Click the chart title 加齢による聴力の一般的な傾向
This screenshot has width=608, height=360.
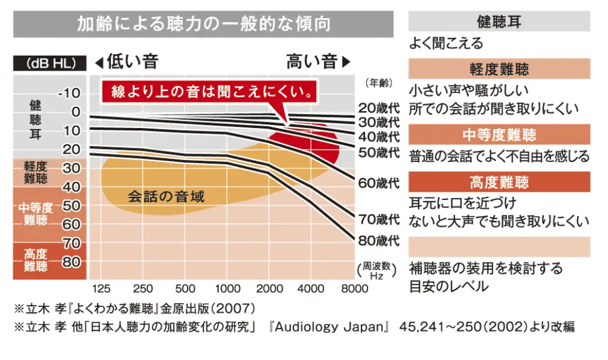pos(204,23)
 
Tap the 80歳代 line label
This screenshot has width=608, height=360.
pos(379,240)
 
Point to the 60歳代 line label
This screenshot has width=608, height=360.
pos(379,183)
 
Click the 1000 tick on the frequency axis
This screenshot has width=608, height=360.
pos(228,288)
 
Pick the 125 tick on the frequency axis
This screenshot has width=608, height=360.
pos(101,288)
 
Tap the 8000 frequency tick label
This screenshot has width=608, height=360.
pos(355,288)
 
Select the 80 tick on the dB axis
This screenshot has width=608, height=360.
pos(71,261)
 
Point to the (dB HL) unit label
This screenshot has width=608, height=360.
pos(49,63)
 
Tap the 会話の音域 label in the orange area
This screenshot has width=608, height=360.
pos(166,196)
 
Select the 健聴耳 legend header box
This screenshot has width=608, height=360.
pos(499,22)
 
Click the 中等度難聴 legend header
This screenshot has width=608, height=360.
pos(499,135)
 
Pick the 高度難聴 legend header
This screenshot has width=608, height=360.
pos(499,182)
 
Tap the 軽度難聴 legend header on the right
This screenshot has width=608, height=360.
pos(499,69)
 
